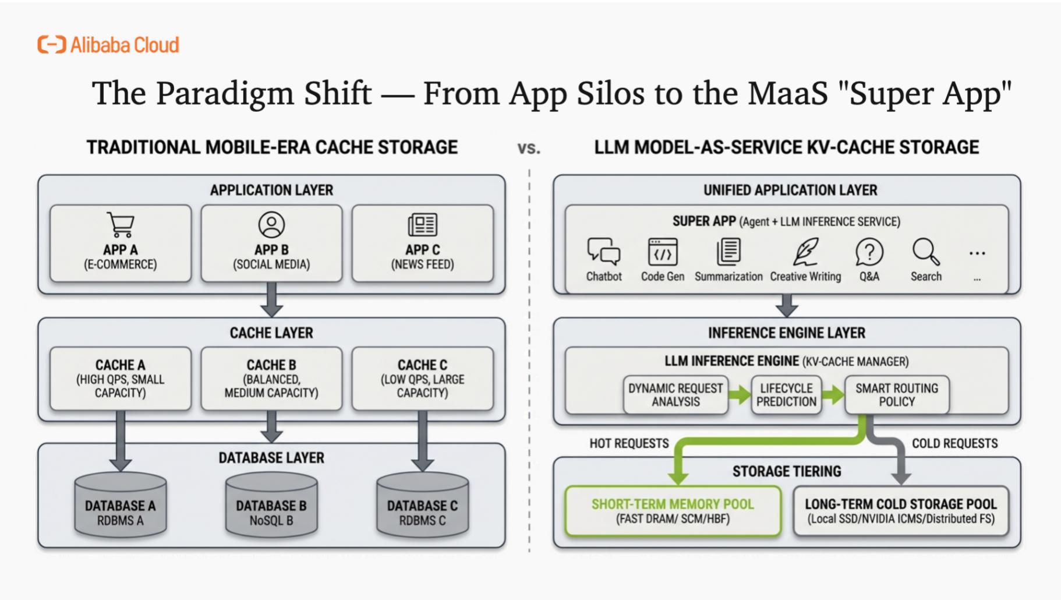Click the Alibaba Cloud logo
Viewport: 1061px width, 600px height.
(108, 45)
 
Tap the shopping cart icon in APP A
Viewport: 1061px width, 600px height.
(121, 225)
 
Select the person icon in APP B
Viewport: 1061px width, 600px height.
(271, 225)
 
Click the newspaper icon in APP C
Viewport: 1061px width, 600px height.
(423, 225)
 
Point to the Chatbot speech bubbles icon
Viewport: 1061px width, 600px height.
(603, 252)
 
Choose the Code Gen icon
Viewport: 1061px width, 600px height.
(663, 252)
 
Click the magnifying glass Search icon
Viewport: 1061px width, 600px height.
(925, 252)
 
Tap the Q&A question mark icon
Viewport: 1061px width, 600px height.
(869, 252)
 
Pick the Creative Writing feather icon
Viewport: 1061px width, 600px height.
(805, 252)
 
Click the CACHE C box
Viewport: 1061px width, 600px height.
(423, 379)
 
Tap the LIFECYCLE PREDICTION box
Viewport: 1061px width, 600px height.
(786, 395)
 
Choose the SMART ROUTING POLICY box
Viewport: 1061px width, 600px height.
(897, 395)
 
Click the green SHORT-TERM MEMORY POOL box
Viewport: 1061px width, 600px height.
(673, 511)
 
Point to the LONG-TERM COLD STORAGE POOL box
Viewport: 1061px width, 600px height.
(900, 511)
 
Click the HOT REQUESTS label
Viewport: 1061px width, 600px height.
(629, 443)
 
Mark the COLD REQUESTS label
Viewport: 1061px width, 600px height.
(954, 443)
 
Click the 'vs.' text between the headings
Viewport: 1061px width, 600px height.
(529, 149)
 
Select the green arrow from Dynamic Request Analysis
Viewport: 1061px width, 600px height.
(740, 395)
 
